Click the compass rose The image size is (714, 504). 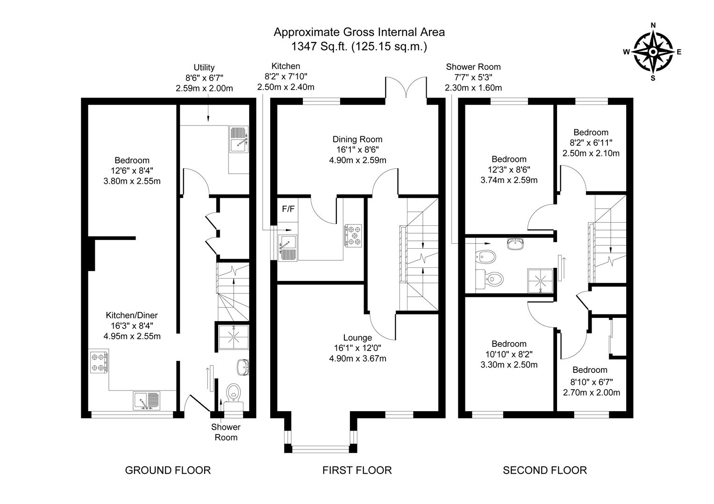[x=652, y=52]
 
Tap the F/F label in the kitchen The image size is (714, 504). [x=288, y=209]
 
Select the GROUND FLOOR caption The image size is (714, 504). [x=168, y=470]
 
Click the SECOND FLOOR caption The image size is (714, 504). [x=545, y=470]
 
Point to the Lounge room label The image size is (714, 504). [x=357, y=337]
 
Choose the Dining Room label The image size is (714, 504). [x=357, y=139]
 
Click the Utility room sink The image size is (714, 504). [x=239, y=140]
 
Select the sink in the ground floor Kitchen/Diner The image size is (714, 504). [x=147, y=400]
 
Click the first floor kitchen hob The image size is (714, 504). [x=353, y=236]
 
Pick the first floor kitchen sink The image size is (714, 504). [x=288, y=248]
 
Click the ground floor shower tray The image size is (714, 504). [x=233, y=337]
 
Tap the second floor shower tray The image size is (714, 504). [x=540, y=280]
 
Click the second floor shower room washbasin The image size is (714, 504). [x=515, y=244]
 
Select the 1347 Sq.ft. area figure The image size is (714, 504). [x=319, y=47]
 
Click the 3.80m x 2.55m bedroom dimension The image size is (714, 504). [x=132, y=181]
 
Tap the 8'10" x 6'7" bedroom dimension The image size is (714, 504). [x=592, y=381]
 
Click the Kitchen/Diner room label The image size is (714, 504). [x=132, y=315]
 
